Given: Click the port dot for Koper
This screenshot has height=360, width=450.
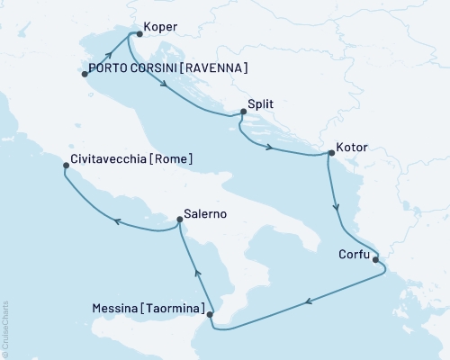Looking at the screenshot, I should click(x=139, y=35).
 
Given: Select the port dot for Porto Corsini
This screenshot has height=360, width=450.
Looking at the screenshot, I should click(x=85, y=75).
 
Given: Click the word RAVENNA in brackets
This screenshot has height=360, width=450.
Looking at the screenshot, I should click(x=214, y=68).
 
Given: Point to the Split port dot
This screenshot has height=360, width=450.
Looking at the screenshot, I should click(x=243, y=113).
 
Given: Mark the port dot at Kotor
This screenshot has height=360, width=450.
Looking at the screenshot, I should click(x=330, y=154).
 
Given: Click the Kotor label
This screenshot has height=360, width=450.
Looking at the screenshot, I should click(x=355, y=144).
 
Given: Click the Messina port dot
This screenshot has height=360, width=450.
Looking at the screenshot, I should click(x=211, y=315).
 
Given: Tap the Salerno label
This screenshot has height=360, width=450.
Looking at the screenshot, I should click(x=205, y=215).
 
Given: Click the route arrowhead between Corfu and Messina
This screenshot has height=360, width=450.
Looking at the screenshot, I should click(x=309, y=302).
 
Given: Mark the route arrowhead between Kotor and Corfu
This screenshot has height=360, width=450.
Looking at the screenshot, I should click(x=337, y=209).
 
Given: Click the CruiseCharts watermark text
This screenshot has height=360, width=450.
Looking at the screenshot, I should click(x=4, y=325).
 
